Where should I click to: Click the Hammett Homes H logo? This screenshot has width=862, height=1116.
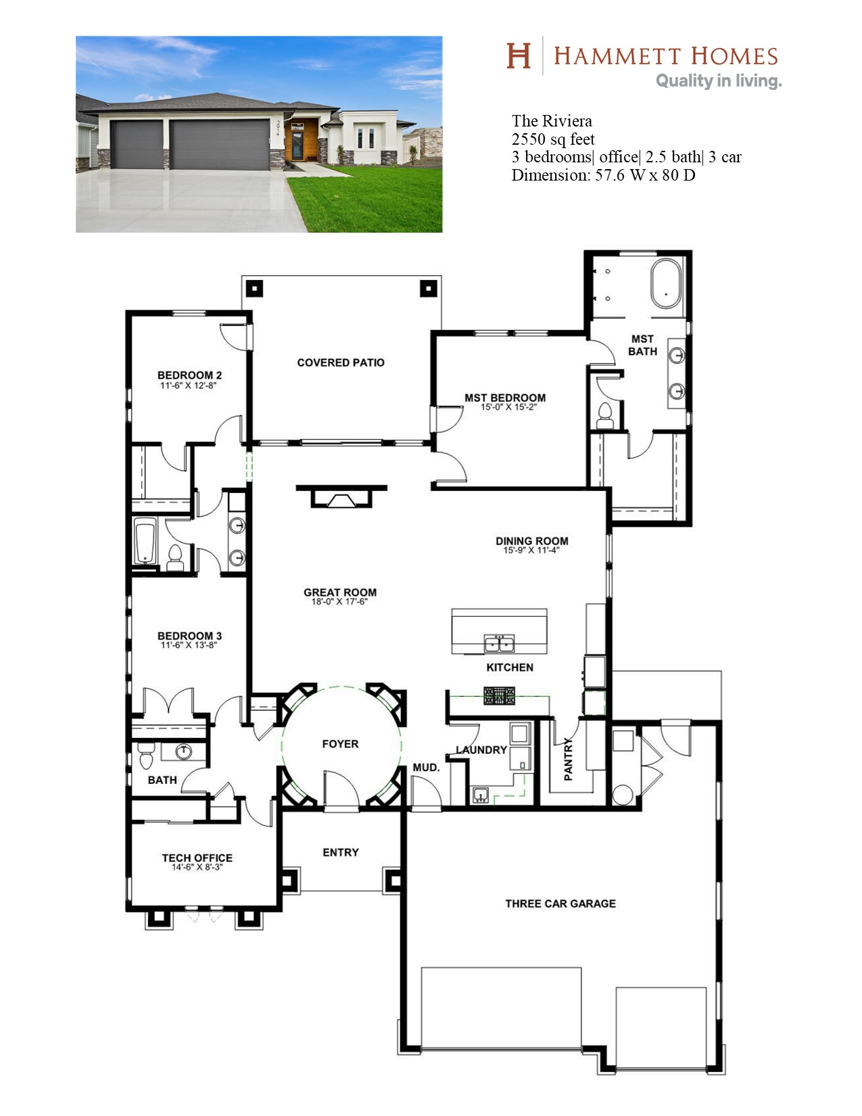click(x=518, y=55)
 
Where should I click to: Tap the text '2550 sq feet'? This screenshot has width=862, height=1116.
click(x=553, y=139)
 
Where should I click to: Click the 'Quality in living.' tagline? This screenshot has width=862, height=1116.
click(x=719, y=81)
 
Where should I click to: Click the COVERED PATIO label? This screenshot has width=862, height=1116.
click(x=340, y=363)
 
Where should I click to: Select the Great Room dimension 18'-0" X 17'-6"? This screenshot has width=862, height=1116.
click(x=339, y=601)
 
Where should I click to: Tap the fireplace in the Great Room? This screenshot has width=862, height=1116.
click(x=341, y=496)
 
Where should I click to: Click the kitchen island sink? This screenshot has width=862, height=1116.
click(x=499, y=643)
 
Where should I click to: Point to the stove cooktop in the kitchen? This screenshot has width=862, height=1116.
click(x=499, y=695)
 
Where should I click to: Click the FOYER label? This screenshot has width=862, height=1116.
click(x=340, y=743)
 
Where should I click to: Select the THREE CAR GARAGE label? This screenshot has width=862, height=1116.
click(x=560, y=904)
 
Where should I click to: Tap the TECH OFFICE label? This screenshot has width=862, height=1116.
click(x=197, y=858)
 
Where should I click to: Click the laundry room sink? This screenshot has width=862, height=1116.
click(x=481, y=795)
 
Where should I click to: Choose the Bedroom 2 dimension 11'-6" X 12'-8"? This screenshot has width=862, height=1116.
click(x=189, y=385)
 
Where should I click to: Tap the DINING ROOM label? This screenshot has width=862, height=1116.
click(x=532, y=541)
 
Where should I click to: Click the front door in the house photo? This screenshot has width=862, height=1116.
click(x=297, y=145)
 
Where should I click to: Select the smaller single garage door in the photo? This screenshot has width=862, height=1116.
click(x=137, y=145)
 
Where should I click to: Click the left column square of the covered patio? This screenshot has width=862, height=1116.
click(x=254, y=289)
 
